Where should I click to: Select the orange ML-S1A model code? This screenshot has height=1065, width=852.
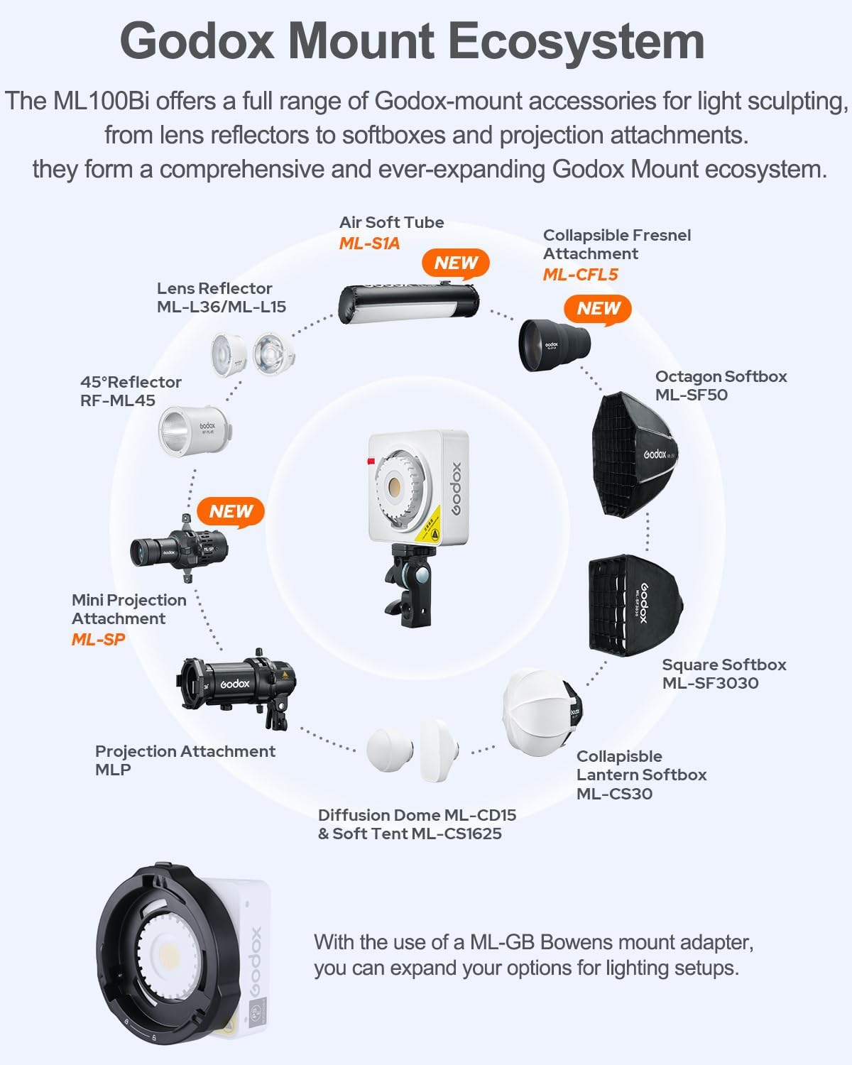pos(369,244)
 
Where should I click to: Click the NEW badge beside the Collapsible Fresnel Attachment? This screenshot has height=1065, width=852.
pos(598,309)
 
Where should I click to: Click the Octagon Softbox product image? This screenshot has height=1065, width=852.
pos(632,454)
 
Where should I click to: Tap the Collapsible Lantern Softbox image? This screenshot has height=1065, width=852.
pos(541,710)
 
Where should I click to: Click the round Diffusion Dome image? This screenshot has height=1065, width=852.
pos(390,749)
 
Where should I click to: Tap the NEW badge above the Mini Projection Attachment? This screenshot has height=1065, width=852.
pos(231,511)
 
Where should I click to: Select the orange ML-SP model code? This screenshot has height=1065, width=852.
pos(98,639)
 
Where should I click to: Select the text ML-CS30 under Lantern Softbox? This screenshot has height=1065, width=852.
pos(614,794)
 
